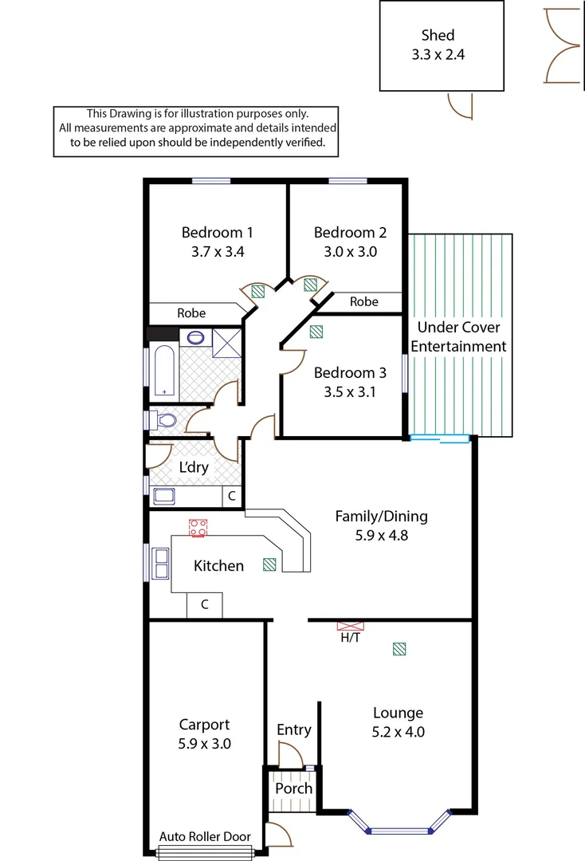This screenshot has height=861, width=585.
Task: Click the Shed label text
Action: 438,35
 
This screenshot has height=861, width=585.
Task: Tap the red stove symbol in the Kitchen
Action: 198,527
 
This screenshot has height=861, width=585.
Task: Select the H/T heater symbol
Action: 349,627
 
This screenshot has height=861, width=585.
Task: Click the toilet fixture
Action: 164,420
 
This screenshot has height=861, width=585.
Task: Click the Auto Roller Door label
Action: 205,836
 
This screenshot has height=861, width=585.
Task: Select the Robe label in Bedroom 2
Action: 364,302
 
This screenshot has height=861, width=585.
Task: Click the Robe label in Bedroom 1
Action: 191,313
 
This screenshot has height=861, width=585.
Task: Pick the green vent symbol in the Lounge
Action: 399,650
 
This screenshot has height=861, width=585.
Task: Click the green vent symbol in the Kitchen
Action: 270,564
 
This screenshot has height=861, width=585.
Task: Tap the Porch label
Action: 293,788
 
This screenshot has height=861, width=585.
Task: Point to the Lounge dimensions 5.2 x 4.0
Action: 399,732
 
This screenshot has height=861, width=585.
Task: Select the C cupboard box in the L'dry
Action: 231,496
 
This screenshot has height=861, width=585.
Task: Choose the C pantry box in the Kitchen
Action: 204,605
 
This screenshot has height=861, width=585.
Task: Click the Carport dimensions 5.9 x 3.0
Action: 204,744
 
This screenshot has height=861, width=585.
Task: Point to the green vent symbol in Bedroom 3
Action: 316,332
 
